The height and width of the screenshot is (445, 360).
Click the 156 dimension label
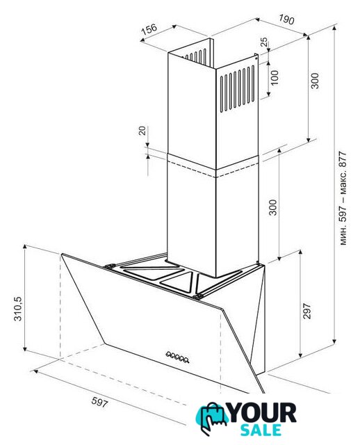[149, 29]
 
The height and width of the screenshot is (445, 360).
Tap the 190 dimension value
[286, 19]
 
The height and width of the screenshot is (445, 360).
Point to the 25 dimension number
[264, 42]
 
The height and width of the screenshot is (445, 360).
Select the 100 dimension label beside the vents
[275, 77]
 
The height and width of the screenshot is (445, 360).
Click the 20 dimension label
[142, 130]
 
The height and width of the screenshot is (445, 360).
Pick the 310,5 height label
[18, 308]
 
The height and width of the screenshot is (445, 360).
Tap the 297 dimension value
[307, 311]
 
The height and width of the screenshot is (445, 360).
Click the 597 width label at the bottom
[99, 402]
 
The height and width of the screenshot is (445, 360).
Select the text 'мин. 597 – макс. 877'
[343, 198]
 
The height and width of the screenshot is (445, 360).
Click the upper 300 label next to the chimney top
[315, 81]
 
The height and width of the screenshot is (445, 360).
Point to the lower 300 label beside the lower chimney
[272, 207]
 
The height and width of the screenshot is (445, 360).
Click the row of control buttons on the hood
[177, 357]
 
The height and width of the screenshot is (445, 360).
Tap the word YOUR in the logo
[263, 412]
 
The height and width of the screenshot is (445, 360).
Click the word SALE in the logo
[261, 430]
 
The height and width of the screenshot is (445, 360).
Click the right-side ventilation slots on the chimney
[238, 88]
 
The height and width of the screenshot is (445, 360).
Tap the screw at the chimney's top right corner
[256, 58]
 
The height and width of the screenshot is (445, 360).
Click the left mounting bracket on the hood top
[110, 266]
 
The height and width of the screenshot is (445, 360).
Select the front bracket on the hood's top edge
[197, 297]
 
